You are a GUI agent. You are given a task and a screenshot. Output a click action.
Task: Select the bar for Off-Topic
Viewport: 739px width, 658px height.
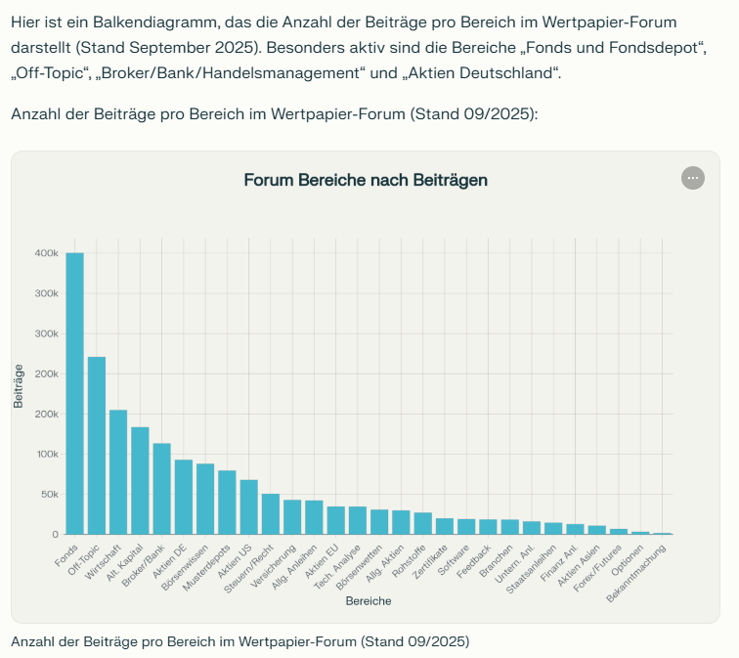[97, 445]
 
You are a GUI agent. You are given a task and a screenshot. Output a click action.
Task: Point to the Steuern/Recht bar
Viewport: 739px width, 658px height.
[271, 513]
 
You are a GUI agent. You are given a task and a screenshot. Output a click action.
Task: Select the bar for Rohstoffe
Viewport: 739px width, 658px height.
[422, 523]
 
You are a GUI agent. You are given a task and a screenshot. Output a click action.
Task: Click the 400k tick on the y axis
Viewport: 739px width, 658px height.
[46, 253]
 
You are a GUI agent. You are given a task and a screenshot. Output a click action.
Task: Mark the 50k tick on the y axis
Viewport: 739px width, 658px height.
[48, 495]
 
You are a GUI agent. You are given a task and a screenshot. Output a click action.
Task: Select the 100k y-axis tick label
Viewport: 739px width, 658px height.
[46, 455]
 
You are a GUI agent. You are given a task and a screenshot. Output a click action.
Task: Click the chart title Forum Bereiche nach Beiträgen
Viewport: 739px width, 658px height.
[365, 180]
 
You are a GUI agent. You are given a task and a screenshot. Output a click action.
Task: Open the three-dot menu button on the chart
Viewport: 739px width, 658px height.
[692, 178]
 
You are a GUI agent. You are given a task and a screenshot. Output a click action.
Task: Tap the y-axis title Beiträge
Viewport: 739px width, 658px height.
[19, 385]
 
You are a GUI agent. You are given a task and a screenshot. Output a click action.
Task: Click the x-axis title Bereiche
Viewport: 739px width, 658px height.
[369, 601]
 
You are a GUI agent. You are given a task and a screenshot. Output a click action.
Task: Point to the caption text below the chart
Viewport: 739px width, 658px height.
[239, 641]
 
